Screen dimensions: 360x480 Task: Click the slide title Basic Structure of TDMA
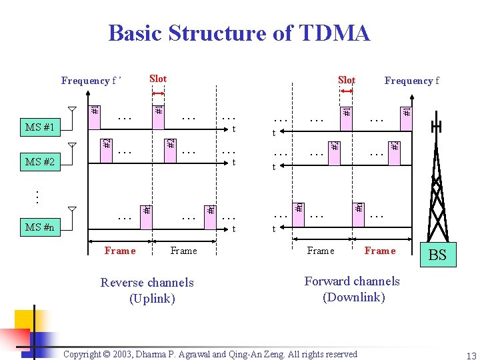coord(239,33)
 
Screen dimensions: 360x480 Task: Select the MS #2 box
coord(40,161)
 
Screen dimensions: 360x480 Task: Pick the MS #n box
coord(40,228)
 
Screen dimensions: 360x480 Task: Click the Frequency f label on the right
coord(411,81)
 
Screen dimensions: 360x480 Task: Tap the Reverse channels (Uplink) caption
coord(147,290)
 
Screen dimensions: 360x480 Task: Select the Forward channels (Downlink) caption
coord(352,289)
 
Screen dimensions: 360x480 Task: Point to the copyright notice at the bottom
coord(210,354)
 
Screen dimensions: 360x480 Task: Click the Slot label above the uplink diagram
coord(158,79)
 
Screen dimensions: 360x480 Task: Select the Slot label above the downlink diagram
coord(346,80)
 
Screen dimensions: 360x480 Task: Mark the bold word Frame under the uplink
coord(120,251)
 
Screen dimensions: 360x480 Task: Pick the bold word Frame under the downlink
coord(380,251)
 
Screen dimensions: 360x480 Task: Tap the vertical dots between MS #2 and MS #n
coord(37,196)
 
